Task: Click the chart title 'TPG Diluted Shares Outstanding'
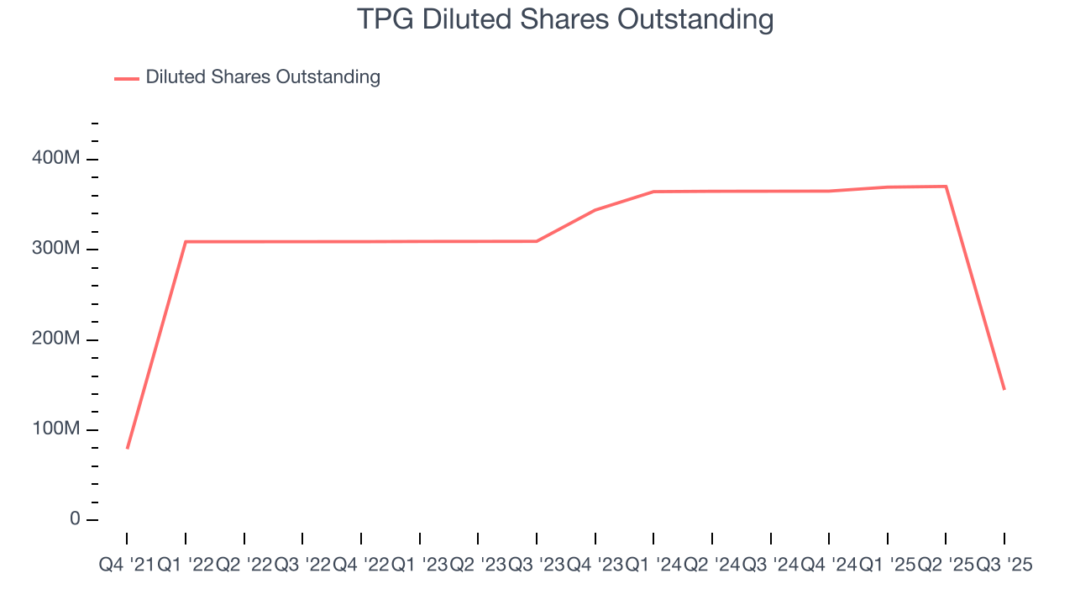[565, 18]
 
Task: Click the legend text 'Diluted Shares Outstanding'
[263, 77]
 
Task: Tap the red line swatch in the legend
[127, 78]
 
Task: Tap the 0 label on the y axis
[76, 519]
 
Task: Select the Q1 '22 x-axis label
[185, 566]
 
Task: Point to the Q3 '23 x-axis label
[536, 566]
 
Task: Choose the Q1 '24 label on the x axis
[653, 566]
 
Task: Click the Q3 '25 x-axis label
[1004, 566]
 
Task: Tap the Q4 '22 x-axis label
[360, 566]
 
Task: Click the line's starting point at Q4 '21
[127, 449]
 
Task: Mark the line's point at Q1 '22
[186, 242]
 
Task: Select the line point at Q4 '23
[595, 210]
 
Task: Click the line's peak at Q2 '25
[946, 187]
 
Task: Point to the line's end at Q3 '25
[1004, 389]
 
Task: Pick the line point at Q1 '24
[653, 192]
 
